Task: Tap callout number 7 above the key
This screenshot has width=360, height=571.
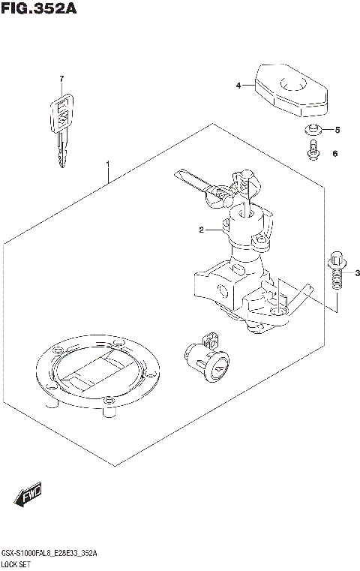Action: pyautogui.click(x=63, y=80)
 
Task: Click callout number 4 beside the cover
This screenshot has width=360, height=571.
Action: pyautogui.click(x=238, y=86)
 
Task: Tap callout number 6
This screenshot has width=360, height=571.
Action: pyautogui.click(x=335, y=154)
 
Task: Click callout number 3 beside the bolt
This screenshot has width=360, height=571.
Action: pyautogui.click(x=357, y=272)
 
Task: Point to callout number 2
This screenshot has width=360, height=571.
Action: pyautogui.click(x=201, y=230)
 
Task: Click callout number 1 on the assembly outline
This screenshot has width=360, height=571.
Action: pyautogui.click(x=108, y=164)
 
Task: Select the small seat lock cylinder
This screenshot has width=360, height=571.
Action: pyautogui.click(x=205, y=361)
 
